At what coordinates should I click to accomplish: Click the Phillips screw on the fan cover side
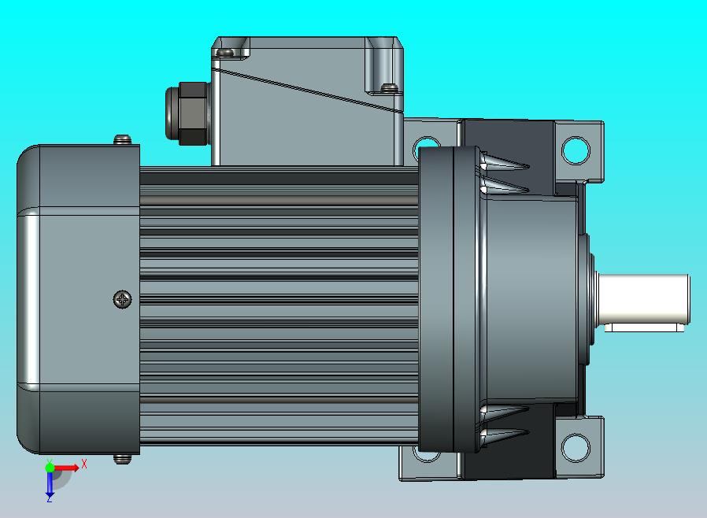click(x=123, y=299)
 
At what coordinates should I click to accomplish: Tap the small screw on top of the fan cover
click(x=122, y=140)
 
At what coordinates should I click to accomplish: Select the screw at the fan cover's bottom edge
click(x=121, y=458)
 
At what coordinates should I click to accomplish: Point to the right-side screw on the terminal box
click(x=387, y=87)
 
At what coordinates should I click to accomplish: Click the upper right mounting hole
click(x=575, y=148)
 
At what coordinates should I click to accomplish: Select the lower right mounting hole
click(x=575, y=448)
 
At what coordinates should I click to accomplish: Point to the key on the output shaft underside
click(x=642, y=327)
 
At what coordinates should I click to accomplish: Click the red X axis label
click(x=84, y=464)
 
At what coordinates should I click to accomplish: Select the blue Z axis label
click(x=49, y=498)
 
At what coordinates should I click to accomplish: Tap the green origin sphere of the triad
click(x=50, y=468)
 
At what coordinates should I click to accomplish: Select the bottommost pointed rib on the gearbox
click(x=504, y=434)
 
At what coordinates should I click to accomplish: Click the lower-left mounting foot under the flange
click(x=429, y=465)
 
